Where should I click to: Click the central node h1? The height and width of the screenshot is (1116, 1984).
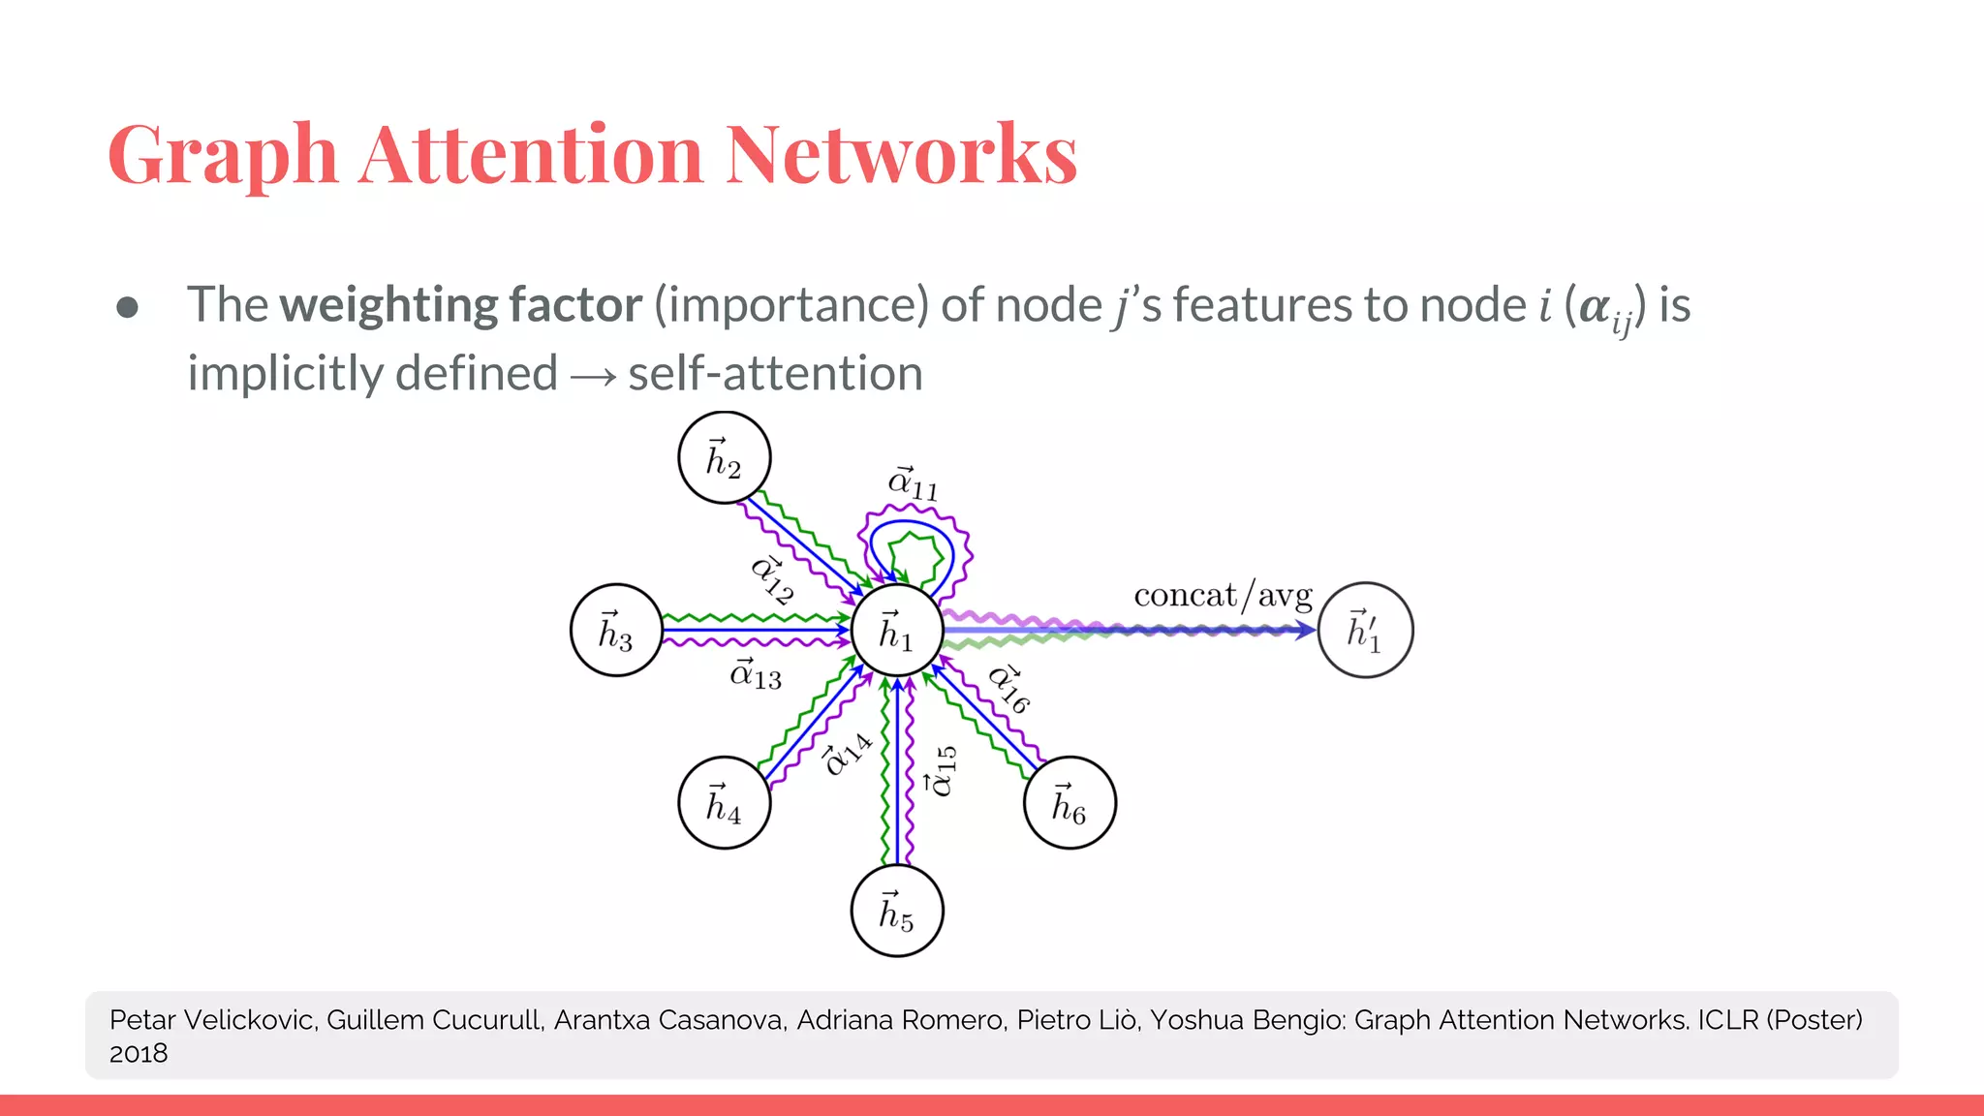tap(896, 631)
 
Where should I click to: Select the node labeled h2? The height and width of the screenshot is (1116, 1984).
tap(724, 457)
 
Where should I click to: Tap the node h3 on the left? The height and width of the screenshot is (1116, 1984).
tap(616, 631)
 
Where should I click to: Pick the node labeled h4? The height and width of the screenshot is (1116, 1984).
tap(724, 803)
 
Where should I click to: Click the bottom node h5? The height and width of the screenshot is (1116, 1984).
tap(896, 911)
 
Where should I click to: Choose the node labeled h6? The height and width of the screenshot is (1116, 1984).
tap(1069, 803)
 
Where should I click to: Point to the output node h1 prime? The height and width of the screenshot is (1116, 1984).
tap(1365, 631)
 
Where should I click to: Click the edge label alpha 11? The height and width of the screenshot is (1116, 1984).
tap(913, 483)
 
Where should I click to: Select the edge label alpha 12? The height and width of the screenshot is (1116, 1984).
tap(773, 579)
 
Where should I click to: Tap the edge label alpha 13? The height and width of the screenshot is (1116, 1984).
tap(756, 673)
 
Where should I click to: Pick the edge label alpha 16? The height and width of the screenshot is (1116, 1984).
tap(1008, 688)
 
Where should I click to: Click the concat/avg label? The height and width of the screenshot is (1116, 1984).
tap(1223, 595)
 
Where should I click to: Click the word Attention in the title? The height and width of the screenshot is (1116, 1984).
tap(531, 155)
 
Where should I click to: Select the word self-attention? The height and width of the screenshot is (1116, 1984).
tap(775, 374)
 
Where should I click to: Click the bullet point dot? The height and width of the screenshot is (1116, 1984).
tap(127, 307)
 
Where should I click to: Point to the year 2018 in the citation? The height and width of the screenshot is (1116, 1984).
tap(139, 1054)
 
